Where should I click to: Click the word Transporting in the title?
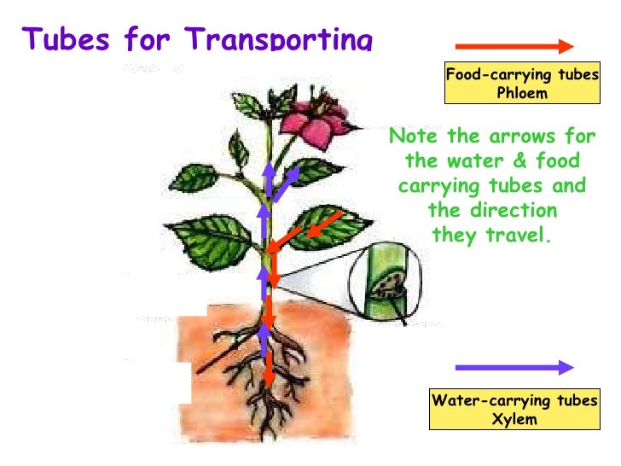pos(281,39)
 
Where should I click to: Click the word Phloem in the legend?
pos(522,93)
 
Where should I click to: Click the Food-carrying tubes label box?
pos(522,84)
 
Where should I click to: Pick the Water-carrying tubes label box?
pos(515,410)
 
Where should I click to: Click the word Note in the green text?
pos(413,137)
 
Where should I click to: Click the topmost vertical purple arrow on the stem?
pos(269,179)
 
